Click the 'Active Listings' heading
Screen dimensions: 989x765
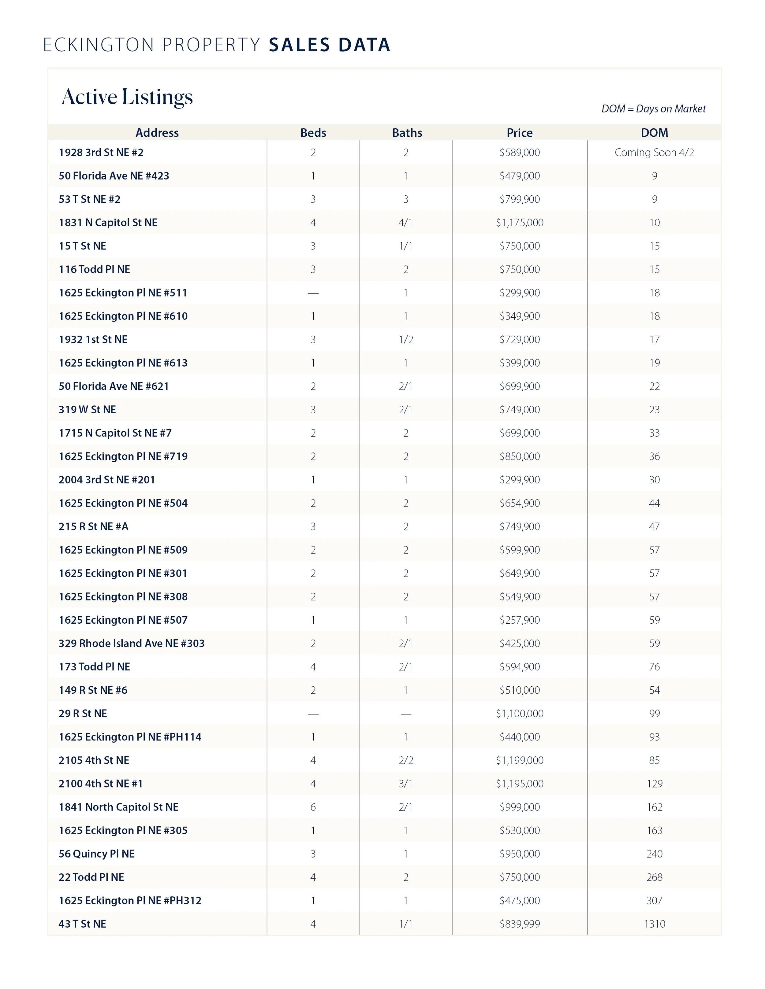coord(127,97)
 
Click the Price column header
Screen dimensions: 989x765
coord(519,133)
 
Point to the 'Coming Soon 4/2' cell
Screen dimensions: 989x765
coord(654,153)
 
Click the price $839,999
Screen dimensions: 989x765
coord(519,924)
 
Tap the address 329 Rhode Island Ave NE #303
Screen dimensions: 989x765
coord(132,644)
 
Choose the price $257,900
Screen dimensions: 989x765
coord(519,620)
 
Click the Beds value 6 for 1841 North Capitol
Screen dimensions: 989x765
coord(313,807)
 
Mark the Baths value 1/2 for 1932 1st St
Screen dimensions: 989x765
coord(406,340)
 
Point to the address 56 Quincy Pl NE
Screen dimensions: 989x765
coord(96,854)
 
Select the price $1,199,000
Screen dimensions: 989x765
coord(519,760)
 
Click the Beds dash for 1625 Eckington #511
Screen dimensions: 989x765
coord(313,293)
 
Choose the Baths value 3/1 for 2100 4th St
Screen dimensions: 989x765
coord(406,784)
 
